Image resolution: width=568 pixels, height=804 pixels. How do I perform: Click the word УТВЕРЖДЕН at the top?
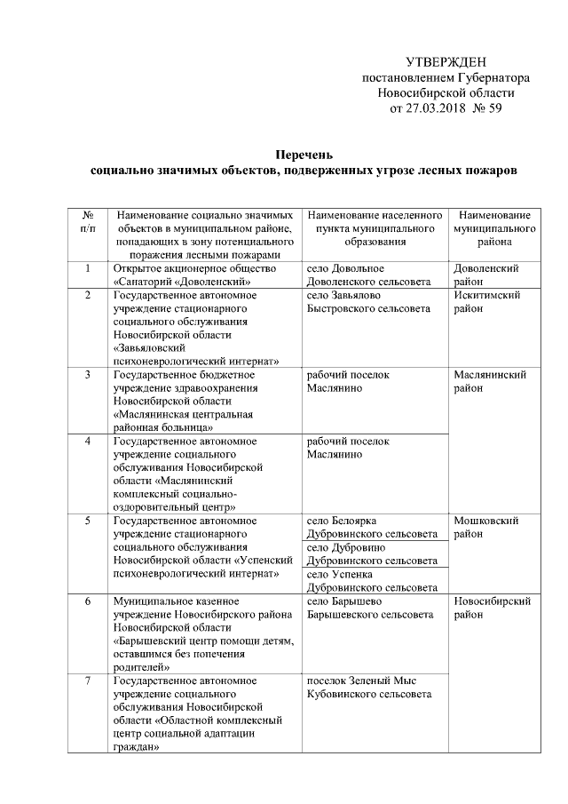pyautogui.click(x=446, y=62)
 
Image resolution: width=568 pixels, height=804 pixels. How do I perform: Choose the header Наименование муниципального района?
pyautogui.click(x=495, y=228)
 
